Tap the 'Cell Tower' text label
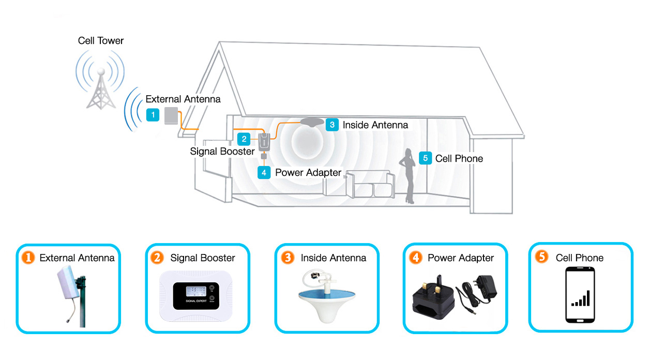point(101,40)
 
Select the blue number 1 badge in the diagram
point(153,115)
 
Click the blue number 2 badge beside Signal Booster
point(244,139)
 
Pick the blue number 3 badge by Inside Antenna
point(332,125)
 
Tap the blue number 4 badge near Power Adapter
point(264,172)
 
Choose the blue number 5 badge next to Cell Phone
point(425,158)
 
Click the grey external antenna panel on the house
point(171,116)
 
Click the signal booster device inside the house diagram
point(264,140)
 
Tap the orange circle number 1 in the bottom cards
point(28,257)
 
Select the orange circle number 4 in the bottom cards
point(415,257)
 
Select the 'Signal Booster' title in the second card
point(203,258)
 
